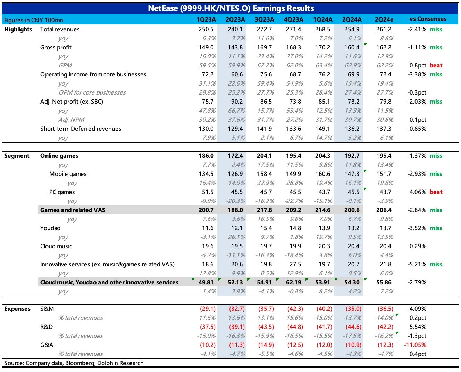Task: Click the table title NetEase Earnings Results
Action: (231, 8)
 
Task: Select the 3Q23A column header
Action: (265, 19)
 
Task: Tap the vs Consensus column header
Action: (428, 19)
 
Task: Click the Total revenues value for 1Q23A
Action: (206, 29)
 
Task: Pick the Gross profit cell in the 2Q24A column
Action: (352, 47)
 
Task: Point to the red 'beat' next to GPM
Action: (436, 65)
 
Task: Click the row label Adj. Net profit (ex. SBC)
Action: (72, 102)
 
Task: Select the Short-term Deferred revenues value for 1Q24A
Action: (322, 129)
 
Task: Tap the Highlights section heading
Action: (18, 29)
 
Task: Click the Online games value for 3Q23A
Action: (265, 156)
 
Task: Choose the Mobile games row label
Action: (68, 174)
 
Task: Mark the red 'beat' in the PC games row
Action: (436, 192)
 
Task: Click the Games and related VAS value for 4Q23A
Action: (293, 210)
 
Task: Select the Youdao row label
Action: (50, 228)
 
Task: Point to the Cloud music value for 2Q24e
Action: (385, 246)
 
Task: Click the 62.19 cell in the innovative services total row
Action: (293, 282)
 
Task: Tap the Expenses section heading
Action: (17, 309)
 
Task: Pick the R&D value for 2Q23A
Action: (237, 327)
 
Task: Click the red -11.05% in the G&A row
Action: (415, 345)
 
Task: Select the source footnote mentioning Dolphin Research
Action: (74, 363)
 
